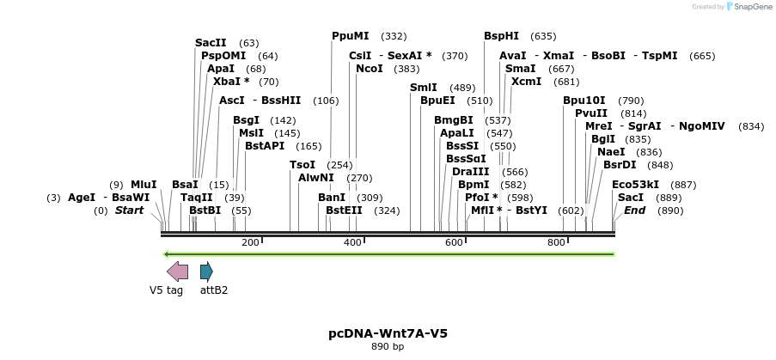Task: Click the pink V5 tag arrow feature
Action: click(177, 272)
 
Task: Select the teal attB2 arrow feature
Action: click(206, 272)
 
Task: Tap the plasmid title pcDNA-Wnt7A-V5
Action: click(388, 333)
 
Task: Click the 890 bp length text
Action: click(388, 347)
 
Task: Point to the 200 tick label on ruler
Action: click(250, 243)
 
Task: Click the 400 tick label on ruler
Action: click(352, 243)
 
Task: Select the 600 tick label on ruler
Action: click(455, 243)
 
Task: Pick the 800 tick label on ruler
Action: click(557, 243)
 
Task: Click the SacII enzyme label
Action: click(211, 42)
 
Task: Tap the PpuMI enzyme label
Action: click(351, 36)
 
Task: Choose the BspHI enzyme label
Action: click(502, 36)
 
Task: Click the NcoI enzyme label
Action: click(370, 69)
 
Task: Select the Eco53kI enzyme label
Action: click(636, 184)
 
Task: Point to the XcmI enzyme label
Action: click(527, 82)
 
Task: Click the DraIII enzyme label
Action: click(471, 171)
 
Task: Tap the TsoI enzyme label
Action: click(302, 165)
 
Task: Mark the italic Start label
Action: click(129, 210)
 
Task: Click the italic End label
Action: click(635, 210)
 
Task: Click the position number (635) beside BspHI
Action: click(544, 36)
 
